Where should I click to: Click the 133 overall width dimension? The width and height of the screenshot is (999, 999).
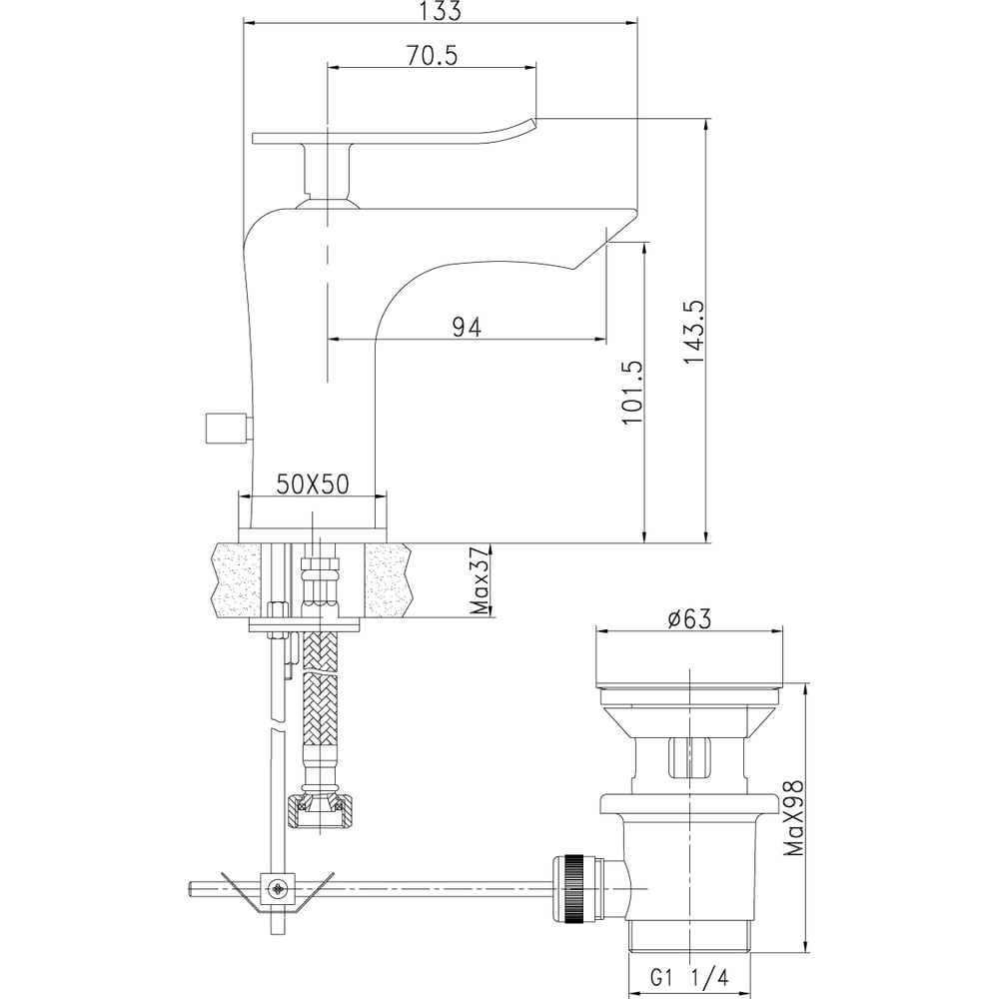(x=441, y=11)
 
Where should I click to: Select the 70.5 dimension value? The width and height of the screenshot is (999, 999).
(x=432, y=56)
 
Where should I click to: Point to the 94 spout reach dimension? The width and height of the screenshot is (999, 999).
(x=467, y=328)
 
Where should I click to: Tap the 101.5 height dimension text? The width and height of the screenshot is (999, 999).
(x=632, y=393)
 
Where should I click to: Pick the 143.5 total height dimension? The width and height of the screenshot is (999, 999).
(x=694, y=332)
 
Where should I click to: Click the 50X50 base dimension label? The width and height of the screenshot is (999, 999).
(x=312, y=485)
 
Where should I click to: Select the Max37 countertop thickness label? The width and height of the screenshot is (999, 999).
(x=482, y=580)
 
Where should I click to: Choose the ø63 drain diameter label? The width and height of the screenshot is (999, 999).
(x=689, y=618)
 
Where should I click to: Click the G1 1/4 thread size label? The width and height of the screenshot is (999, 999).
(x=689, y=977)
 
